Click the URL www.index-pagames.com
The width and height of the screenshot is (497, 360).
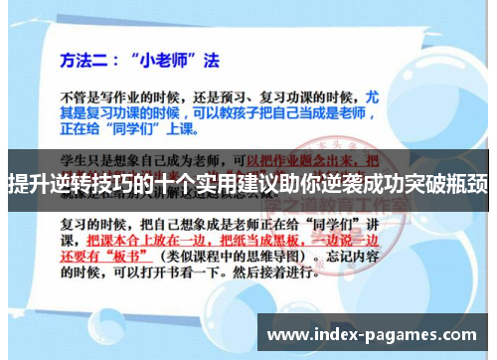pos(373,334)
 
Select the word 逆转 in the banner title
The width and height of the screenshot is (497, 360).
pos(69,183)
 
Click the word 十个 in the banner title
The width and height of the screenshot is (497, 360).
pos(181,183)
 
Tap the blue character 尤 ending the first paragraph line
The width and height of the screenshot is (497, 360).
pos(402,99)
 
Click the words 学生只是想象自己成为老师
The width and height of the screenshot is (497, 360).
pos(149,158)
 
